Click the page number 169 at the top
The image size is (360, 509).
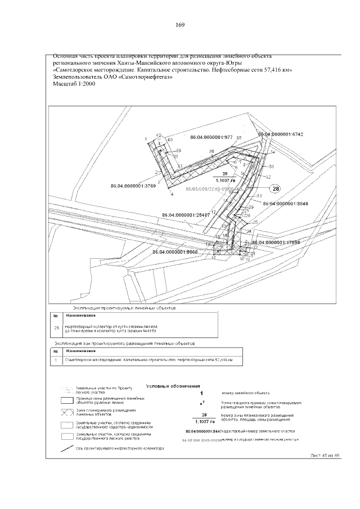(x=181, y=25)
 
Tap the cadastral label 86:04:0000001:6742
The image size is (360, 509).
(x=280, y=135)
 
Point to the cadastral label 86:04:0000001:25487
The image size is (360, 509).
(x=186, y=214)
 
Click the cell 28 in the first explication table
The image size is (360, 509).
(x=56, y=327)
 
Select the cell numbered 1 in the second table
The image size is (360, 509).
(x=56, y=359)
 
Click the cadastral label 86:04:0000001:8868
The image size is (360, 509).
(x=175, y=252)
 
